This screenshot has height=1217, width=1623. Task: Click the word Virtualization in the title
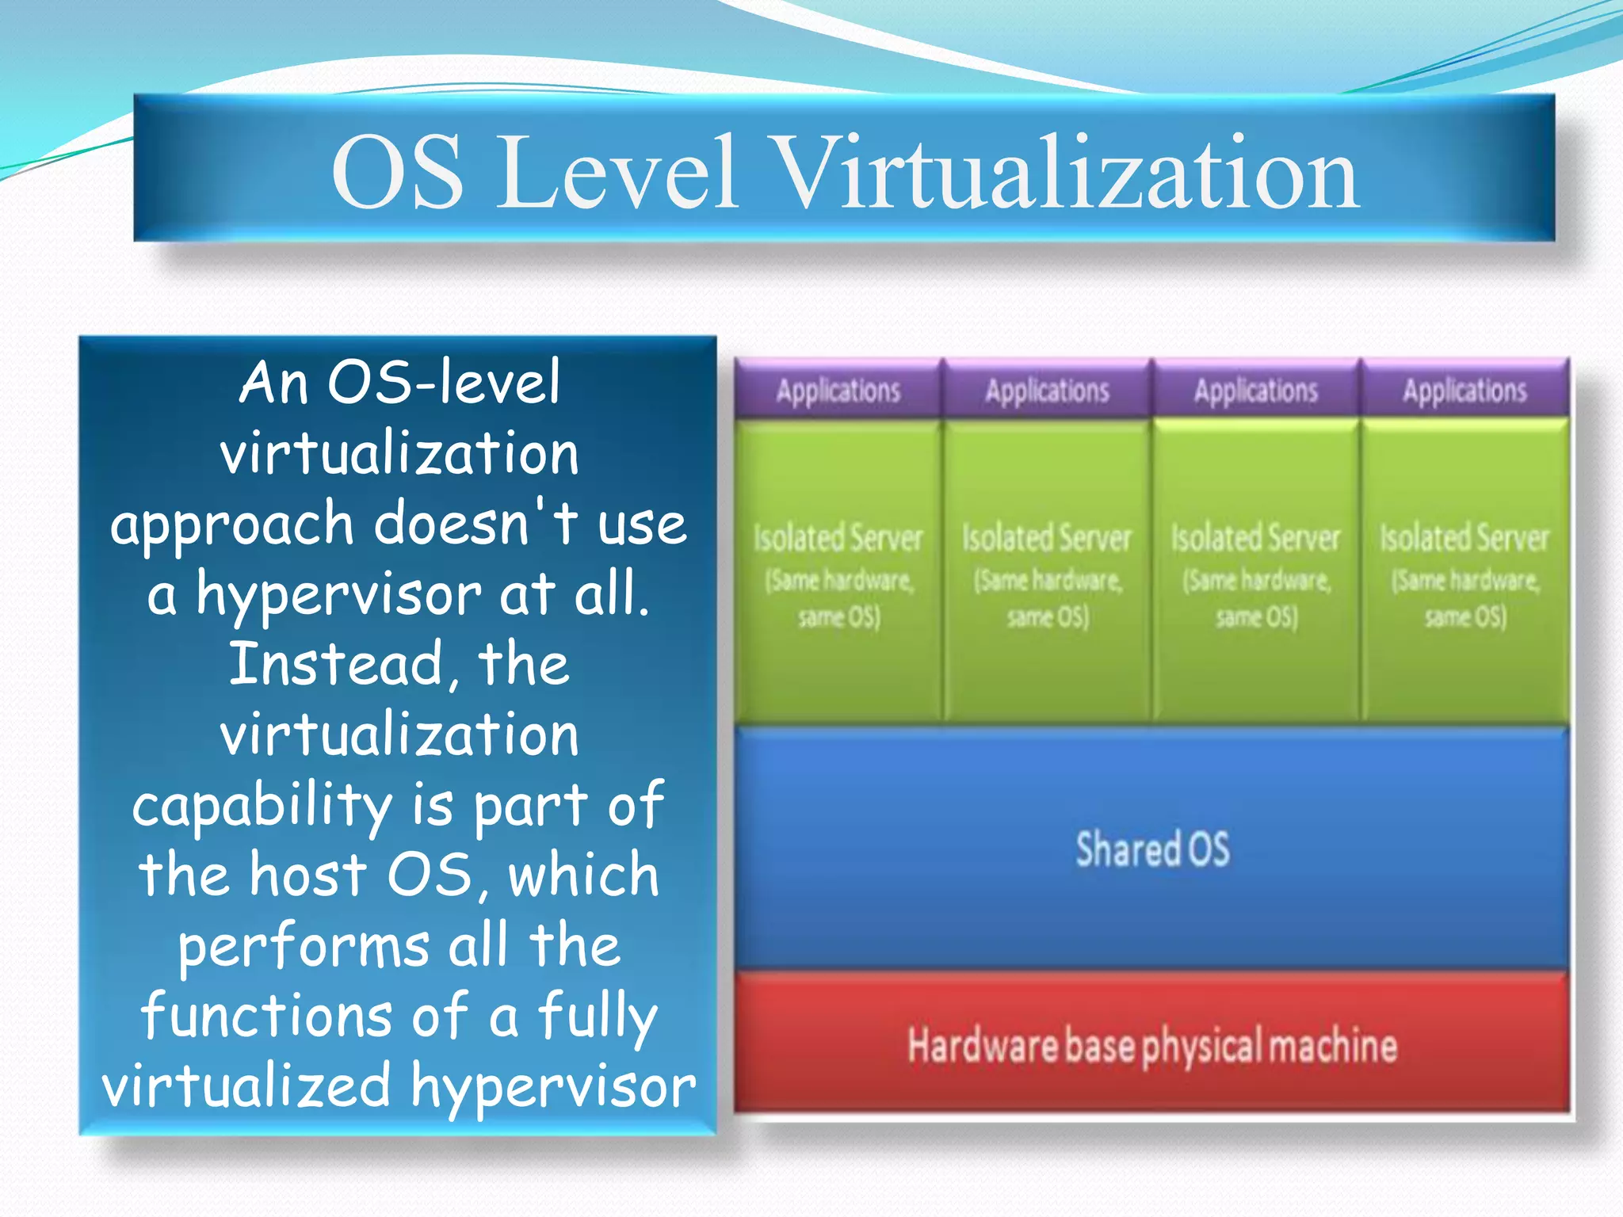[x=1066, y=173]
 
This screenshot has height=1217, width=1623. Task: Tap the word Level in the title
[x=617, y=173]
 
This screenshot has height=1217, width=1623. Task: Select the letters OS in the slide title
[x=397, y=173]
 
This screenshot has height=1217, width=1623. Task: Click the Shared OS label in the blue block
[x=1152, y=849]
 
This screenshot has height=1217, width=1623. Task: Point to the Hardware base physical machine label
[x=1152, y=1046]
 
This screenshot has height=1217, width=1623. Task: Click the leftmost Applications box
[x=838, y=391]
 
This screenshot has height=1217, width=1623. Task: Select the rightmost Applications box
[x=1465, y=391]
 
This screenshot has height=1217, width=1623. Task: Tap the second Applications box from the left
[x=1047, y=391]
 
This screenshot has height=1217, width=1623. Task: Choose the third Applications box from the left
[x=1256, y=391]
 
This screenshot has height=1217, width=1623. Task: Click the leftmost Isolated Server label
[x=838, y=539]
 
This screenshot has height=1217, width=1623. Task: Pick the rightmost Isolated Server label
[x=1465, y=539]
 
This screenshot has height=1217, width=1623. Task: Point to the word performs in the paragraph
[x=304, y=948]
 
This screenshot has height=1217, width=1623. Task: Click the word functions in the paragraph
[x=266, y=1017]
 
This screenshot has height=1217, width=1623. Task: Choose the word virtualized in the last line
[x=246, y=1087]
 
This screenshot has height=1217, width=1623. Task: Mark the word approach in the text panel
[x=232, y=525]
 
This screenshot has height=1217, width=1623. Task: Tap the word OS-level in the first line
[x=444, y=383]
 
